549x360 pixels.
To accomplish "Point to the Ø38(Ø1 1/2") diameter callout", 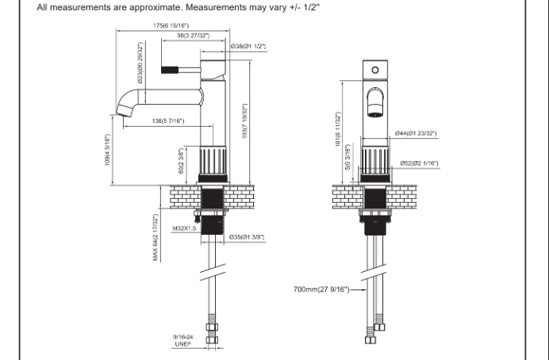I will [248, 47].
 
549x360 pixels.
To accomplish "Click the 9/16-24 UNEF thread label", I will [183, 339].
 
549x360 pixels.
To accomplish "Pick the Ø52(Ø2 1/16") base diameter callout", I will [420, 163].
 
